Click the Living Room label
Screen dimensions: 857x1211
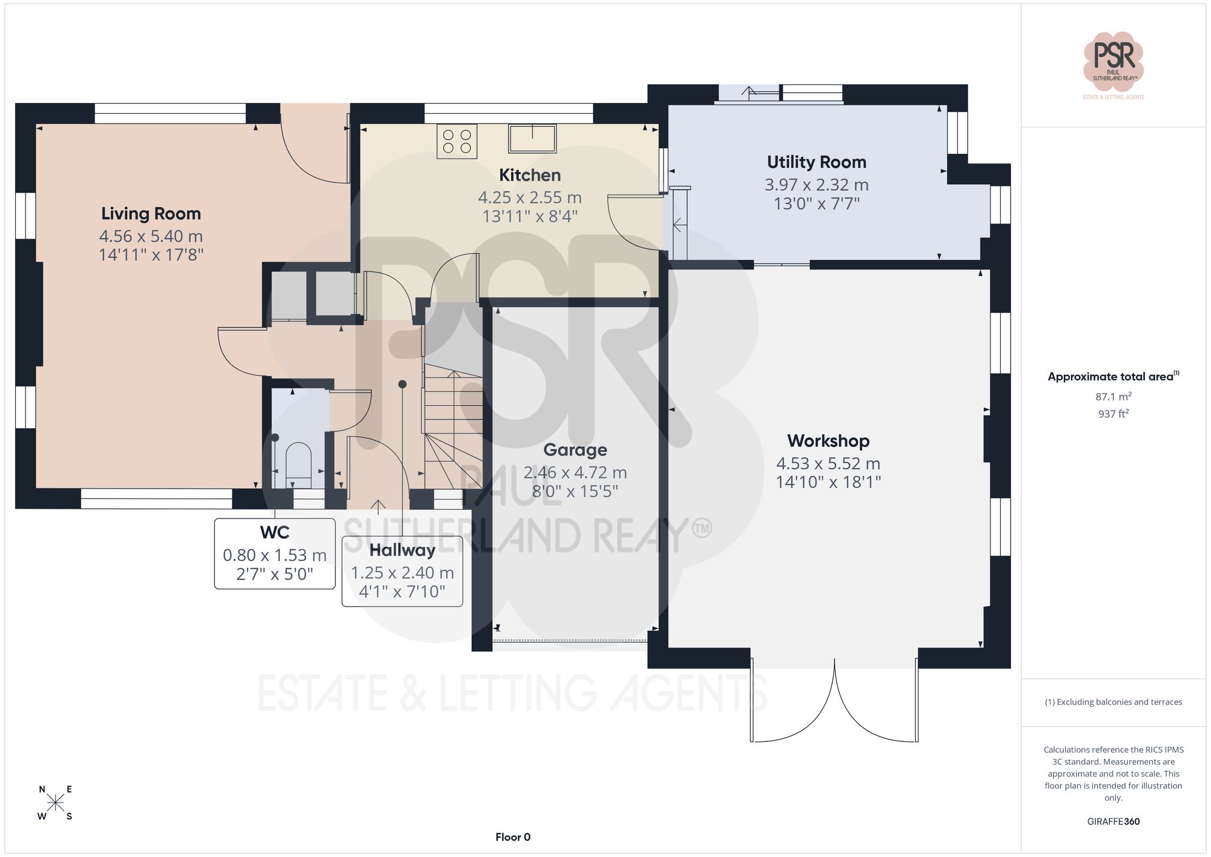(x=151, y=214)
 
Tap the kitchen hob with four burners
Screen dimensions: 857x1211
(x=457, y=141)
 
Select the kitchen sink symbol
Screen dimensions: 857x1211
(x=532, y=139)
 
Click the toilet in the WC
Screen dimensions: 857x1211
(x=298, y=463)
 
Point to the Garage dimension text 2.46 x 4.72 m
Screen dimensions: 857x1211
(x=575, y=472)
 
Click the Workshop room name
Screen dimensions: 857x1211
(x=828, y=441)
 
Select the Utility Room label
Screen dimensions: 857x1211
(x=816, y=162)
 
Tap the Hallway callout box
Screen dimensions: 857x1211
(x=402, y=571)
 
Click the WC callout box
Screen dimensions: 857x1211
(x=275, y=553)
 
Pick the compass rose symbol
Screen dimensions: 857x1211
(x=55, y=803)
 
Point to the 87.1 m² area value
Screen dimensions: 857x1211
(x=1113, y=397)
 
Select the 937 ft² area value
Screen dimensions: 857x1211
(x=1113, y=414)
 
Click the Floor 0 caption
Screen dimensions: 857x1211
(x=513, y=837)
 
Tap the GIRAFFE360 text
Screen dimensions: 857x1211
(x=1113, y=821)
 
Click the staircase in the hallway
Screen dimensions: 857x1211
(x=453, y=424)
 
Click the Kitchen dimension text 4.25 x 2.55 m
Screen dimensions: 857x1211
(x=530, y=197)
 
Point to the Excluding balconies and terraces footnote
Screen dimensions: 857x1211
(x=1113, y=702)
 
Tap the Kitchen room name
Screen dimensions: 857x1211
(x=530, y=175)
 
